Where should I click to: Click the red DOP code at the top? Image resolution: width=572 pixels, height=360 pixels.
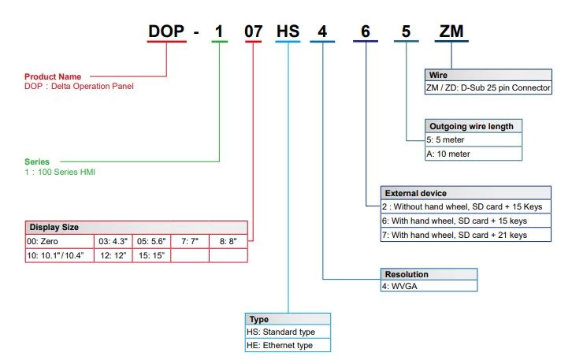tap(167, 32)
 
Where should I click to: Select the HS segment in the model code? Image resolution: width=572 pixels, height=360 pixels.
tap(288, 32)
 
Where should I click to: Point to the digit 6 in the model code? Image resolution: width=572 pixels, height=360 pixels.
tap(366, 32)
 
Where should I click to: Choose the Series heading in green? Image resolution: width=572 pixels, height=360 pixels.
tap(37, 161)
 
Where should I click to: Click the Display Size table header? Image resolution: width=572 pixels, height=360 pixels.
tap(54, 228)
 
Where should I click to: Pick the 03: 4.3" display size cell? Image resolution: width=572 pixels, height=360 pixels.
tap(113, 241)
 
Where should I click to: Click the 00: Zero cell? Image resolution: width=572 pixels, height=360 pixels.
tap(44, 241)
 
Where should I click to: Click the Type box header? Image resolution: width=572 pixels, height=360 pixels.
tap(259, 319)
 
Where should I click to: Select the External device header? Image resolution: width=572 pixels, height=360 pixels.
tap(415, 193)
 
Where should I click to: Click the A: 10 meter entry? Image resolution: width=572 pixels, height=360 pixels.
tap(448, 154)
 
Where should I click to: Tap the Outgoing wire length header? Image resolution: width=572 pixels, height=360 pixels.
tap(471, 126)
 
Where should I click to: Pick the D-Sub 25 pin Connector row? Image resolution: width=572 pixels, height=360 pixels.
tap(487, 87)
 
